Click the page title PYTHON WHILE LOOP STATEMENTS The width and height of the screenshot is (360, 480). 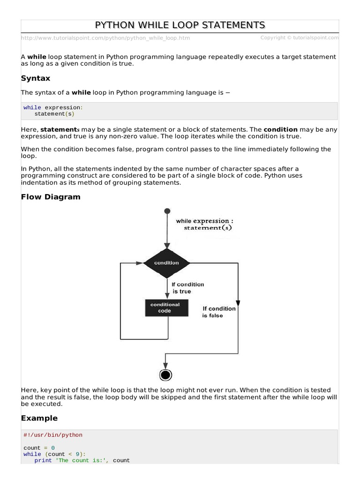point(180,25)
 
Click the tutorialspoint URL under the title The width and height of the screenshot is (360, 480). point(105,38)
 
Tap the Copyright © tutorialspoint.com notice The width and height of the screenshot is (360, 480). point(300,37)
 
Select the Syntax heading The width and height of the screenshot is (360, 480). point(36,78)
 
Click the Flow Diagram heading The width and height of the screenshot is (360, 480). point(51,197)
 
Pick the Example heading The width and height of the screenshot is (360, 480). point(39,418)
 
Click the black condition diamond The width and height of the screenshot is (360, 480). point(166,263)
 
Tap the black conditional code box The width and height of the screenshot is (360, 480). point(165,307)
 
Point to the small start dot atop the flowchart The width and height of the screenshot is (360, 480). point(166,211)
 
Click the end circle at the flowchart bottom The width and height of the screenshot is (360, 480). point(165,375)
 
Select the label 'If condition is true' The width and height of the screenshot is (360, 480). point(187,288)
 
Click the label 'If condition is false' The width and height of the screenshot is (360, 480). point(219,312)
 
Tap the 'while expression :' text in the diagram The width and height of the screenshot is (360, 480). point(202,221)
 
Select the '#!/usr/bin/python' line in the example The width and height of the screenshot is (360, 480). point(53,435)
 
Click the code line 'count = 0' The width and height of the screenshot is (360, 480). point(39,448)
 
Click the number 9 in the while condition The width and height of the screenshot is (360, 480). point(77,454)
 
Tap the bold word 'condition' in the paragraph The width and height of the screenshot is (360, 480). point(280,129)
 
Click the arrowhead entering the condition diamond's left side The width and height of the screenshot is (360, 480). point(140,263)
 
